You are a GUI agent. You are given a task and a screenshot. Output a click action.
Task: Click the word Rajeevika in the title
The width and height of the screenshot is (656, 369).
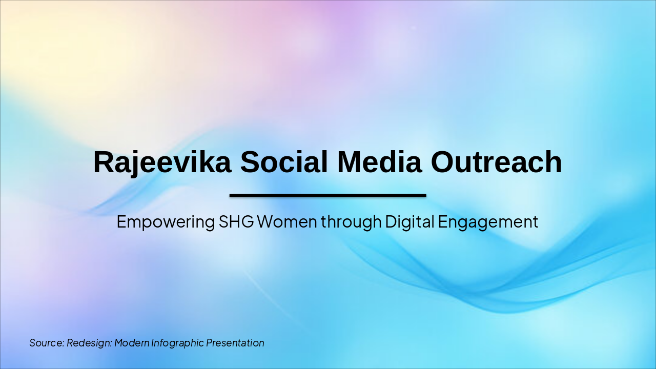tap(162, 162)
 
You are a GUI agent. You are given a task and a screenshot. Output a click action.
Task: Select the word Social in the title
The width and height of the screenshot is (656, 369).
tap(284, 162)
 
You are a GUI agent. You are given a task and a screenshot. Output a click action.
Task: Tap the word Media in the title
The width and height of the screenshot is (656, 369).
tap(379, 162)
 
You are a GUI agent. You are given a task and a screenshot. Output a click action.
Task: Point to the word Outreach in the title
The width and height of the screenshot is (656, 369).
tap(496, 162)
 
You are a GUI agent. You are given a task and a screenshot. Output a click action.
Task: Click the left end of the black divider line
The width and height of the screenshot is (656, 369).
tap(231, 195)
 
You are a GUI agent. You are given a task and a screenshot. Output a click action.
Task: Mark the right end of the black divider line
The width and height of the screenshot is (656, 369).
tap(425, 195)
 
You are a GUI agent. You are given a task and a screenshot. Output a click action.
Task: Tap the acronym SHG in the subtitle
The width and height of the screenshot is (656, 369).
tap(236, 222)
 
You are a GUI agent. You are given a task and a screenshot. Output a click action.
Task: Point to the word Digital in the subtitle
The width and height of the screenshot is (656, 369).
tap(410, 222)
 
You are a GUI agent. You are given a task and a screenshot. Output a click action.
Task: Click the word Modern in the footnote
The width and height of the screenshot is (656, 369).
tap(132, 343)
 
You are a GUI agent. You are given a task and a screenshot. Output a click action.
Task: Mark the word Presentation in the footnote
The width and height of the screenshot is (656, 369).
tap(235, 343)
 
